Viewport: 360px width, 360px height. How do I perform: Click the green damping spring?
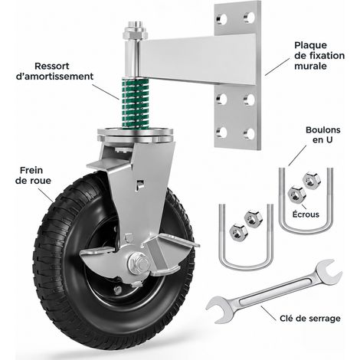(136, 103)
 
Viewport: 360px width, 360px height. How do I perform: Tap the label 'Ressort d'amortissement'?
(54, 71)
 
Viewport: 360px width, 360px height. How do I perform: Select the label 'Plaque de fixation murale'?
(319, 55)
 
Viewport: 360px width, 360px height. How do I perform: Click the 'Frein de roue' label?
(33, 175)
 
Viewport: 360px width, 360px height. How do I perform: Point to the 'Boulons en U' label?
(322, 135)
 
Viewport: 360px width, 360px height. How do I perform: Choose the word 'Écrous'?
(306, 214)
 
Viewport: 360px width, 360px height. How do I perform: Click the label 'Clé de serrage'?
(310, 319)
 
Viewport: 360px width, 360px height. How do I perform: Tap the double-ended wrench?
(274, 290)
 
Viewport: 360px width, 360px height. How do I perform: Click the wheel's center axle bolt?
(139, 263)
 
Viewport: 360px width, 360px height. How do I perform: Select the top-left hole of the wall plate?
(222, 19)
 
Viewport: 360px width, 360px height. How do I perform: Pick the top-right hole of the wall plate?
(250, 18)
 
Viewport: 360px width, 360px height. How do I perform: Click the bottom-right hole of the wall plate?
(250, 134)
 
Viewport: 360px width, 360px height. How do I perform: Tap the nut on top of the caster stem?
(136, 32)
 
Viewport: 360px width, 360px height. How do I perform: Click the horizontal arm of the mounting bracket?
(197, 59)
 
